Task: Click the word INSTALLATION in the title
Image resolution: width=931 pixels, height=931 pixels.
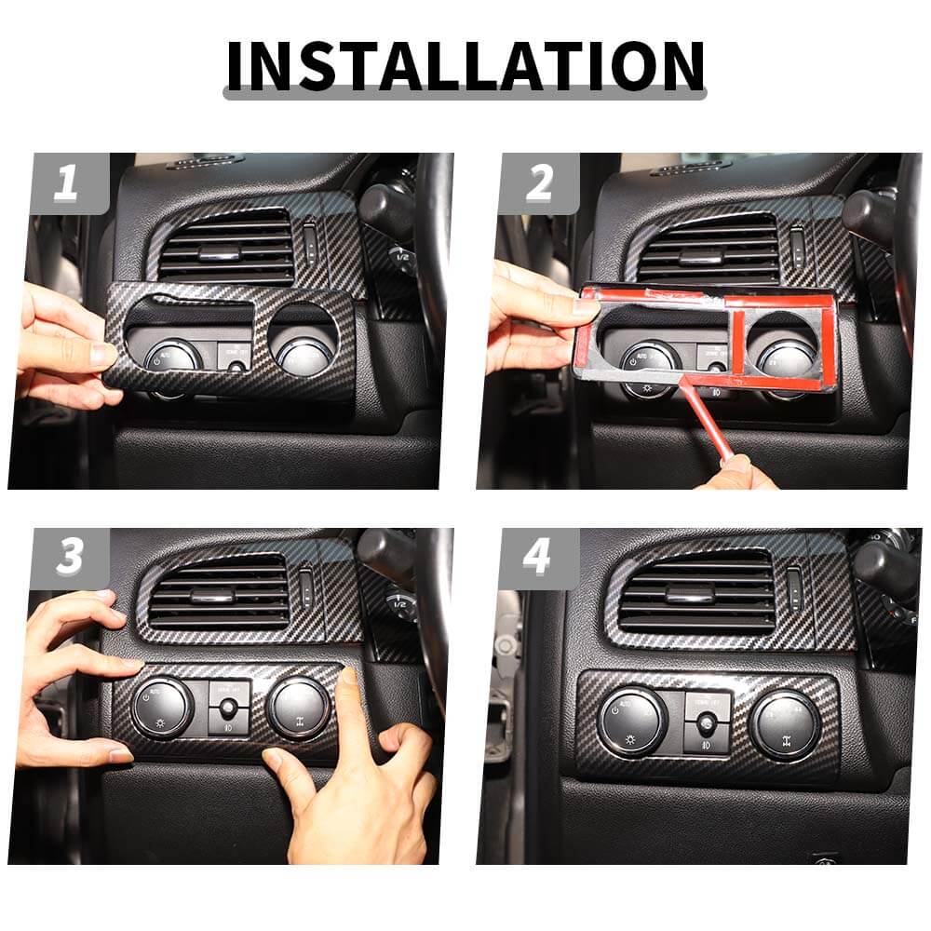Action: (465, 66)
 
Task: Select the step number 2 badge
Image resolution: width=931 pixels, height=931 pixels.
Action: (539, 183)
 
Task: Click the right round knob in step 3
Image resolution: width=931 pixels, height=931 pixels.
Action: (298, 708)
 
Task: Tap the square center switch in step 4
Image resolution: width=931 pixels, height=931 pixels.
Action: (708, 722)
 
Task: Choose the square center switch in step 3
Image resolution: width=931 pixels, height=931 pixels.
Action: (229, 708)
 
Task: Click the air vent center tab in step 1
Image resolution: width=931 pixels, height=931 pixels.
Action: (221, 253)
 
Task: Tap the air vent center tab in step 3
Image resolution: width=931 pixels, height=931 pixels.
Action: (210, 596)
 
